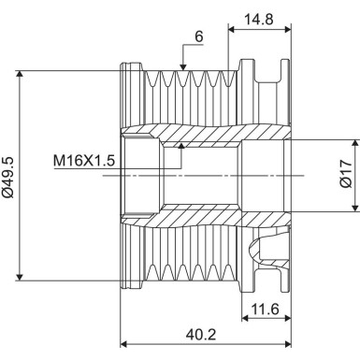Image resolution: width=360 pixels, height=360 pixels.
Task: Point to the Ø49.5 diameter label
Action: coord(9,173)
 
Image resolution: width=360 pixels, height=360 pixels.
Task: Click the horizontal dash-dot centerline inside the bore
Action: coord(215,176)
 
